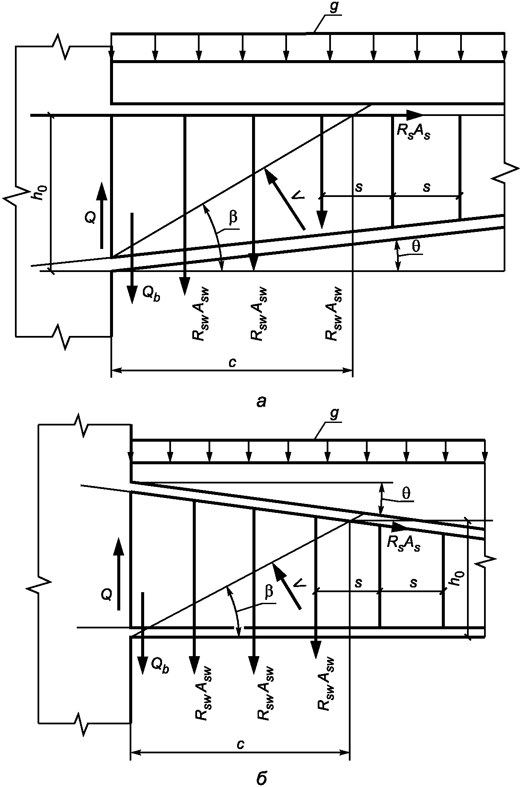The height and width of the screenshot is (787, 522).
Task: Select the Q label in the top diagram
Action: point(90,217)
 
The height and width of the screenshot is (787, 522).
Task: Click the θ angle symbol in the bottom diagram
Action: point(407,493)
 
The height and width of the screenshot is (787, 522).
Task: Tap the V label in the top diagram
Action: point(298,195)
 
